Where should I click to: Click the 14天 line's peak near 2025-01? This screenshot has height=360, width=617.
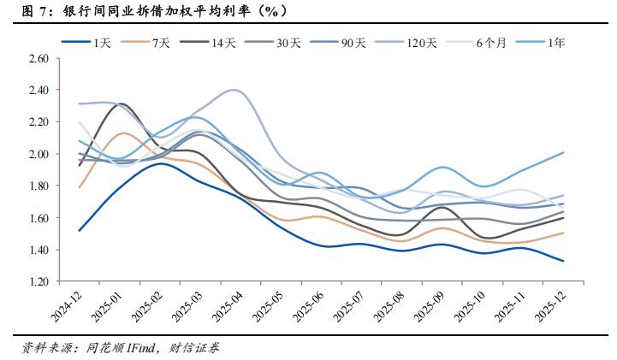[x=122, y=104]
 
